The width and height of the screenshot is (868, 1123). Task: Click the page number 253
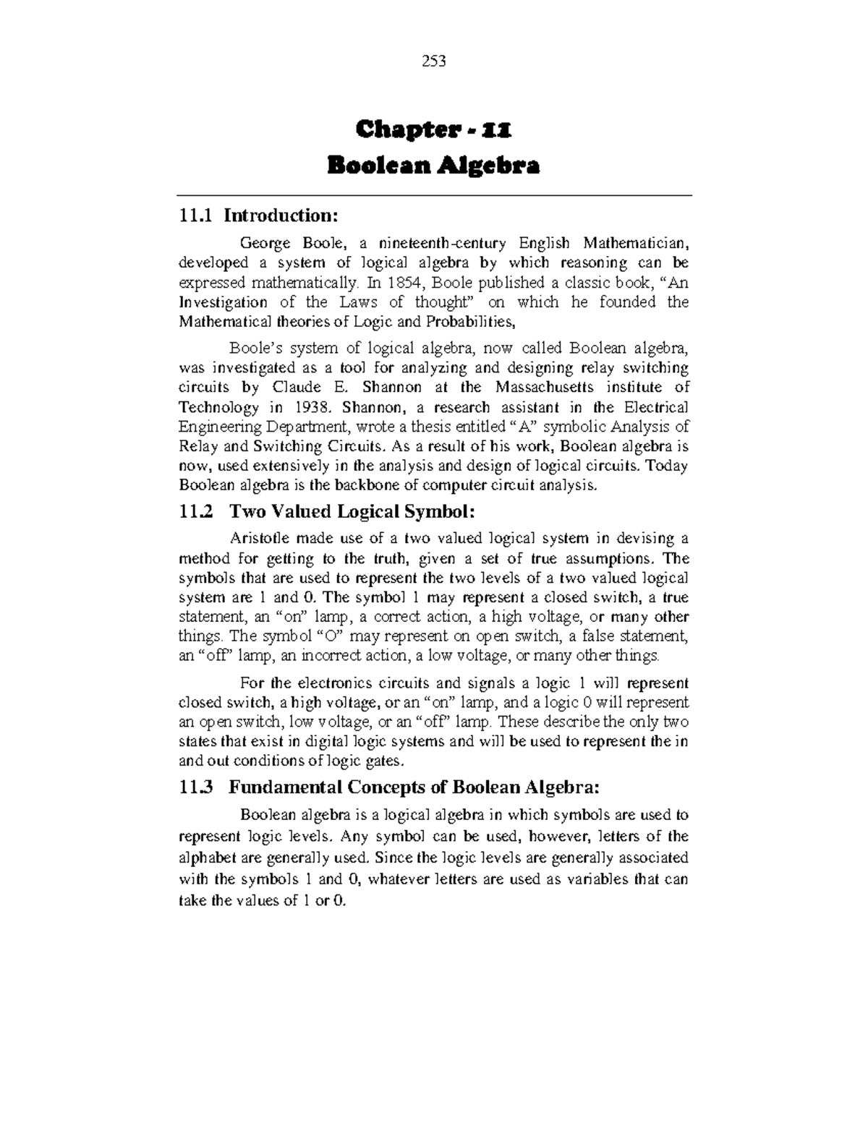tap(433, 61)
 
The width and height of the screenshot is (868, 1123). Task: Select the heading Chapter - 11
tap(433, 131)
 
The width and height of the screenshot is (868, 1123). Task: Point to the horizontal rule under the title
tap(434, 195)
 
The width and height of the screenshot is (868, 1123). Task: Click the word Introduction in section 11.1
tap(280, 215)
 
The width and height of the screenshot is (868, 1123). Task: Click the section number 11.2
tap(196, 512)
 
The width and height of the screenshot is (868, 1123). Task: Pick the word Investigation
tap(223, 302)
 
